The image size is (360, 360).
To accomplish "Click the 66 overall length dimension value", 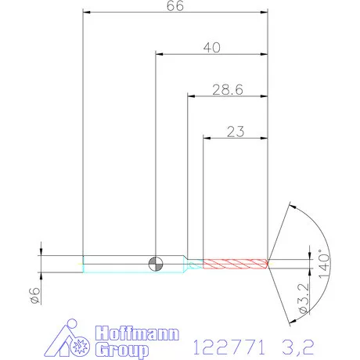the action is (175, 5).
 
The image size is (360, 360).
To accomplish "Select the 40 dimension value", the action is (212, 48).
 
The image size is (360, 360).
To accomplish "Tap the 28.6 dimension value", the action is (228, 90).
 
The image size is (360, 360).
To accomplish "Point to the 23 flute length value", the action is (236, 131).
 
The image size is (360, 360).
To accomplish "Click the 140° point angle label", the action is (324, 264).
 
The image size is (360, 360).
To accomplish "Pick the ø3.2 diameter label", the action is (304, 298).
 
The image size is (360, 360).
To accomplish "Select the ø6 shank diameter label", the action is (35, 296).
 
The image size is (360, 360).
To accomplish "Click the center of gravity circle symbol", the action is (156, 264).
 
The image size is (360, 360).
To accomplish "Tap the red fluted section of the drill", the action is (236, 264).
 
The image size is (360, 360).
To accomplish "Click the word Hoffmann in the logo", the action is (137, 333).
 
